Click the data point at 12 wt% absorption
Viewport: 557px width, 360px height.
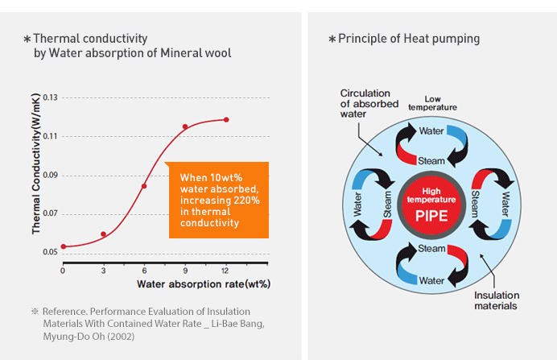coord(226,120)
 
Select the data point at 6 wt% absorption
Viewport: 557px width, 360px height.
coord(144,186)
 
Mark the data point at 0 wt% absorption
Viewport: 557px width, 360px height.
coord(64,246)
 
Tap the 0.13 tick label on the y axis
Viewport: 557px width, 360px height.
coord(50,97)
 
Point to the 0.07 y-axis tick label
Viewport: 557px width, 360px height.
coord(50,213)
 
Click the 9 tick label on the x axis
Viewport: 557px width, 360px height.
coord(185,271)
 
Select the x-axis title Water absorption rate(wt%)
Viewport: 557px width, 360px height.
coord(204,284)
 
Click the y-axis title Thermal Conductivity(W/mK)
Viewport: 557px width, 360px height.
coord(35,163)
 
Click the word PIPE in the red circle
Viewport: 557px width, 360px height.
coord(431,216)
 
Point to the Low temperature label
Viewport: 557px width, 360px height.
coord(432,103)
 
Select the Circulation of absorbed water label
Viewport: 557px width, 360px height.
coord(369,103)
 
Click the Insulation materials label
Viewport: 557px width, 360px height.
coord(497,300)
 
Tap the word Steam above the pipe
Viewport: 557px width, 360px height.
coord(431,161)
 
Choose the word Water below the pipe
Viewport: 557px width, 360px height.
coord(431,281)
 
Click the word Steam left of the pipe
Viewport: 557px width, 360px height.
coord(387,205)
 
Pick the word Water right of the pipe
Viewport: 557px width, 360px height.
coord(505,205)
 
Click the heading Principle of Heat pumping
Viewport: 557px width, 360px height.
coord(409,39)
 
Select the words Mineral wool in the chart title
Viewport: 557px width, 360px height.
coord(196,53)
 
